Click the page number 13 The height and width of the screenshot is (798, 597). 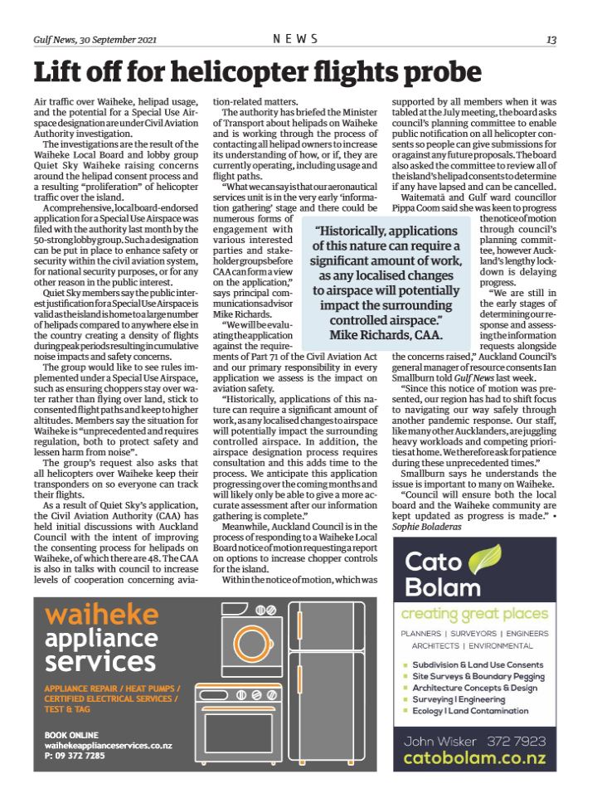click(x=551, y=39)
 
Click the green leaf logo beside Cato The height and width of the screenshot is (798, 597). click(x=485, y=561)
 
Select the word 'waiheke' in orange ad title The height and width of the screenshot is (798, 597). click(x=102, y=615)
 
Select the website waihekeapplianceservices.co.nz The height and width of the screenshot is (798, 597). click(x=108, y=746)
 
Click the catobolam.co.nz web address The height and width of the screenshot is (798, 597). click(x=475, y=757)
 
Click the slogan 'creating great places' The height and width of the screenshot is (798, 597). click(x=474, y=614)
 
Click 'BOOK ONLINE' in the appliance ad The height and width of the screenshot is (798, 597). click(x=71, y=735)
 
